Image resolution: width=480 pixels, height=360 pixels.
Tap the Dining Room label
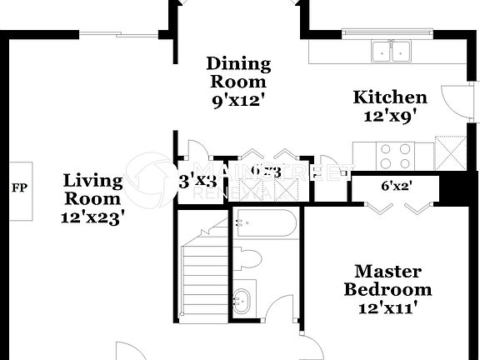point(238,72)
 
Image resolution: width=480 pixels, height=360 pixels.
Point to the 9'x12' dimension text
point(238,99)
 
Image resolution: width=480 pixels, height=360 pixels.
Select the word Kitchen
point(391,97)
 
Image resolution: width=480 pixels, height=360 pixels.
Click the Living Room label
point(93,189)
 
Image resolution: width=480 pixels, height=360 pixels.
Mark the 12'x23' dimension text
point(94,217)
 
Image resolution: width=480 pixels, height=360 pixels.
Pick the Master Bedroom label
point(388,281)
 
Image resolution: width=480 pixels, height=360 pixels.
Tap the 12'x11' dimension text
point(388,308)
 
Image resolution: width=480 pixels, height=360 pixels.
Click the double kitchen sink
point(392,51)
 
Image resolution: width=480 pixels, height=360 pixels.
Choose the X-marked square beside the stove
point(452,152)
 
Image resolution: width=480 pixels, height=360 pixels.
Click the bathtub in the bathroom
point(265,223)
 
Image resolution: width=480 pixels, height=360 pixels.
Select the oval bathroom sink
point(244,299)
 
